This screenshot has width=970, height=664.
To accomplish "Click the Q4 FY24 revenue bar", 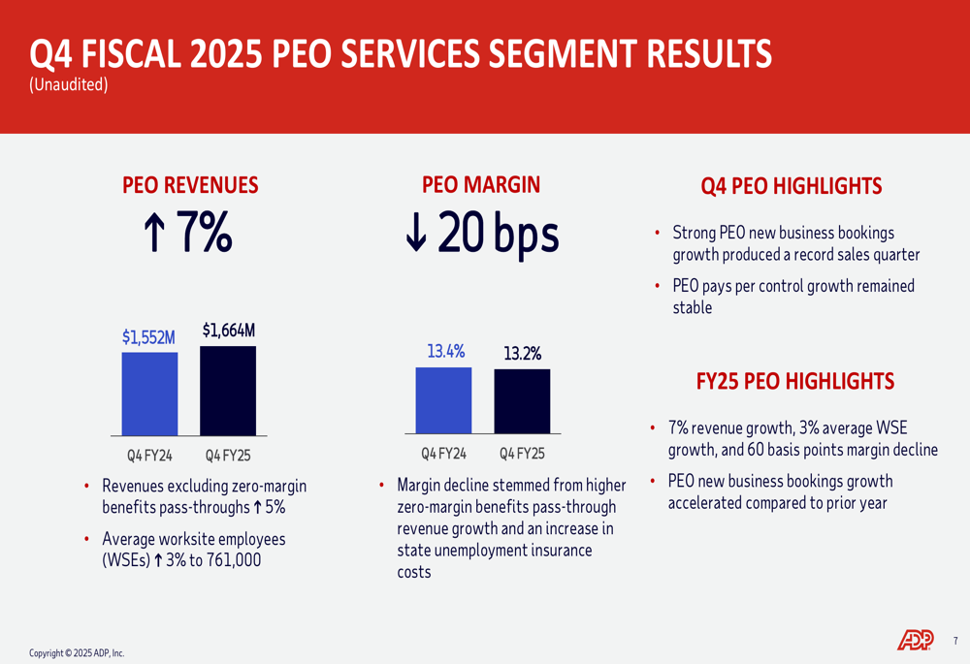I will coord(149,394).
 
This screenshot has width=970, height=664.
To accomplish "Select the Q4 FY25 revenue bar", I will coord(228,391).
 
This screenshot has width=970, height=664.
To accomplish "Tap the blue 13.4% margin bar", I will coord(443,400).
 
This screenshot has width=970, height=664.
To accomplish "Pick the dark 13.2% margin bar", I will coord(522,401).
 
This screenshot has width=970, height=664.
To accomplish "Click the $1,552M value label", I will coord(148,337).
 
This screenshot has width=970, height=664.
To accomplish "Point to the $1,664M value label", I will coord(229,331).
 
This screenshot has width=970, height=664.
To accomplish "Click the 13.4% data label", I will coord(446,351).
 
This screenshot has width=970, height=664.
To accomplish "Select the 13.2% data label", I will coord(522,354).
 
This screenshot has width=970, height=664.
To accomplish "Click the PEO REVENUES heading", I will coord(190,184).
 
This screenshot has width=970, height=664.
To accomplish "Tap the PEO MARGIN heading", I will coord(481,184).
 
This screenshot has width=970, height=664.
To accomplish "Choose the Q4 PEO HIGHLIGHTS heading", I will coord(791,186).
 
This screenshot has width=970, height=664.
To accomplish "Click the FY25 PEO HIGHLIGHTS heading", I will coord(795,381).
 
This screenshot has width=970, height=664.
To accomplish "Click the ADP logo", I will coord(915,639).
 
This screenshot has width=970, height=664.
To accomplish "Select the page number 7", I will coord(954,640).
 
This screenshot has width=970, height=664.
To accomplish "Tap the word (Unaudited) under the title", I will coord(68,85).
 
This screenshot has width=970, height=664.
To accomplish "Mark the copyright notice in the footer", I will coord(77,653).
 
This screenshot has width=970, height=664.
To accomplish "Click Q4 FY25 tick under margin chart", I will coord(522,453).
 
